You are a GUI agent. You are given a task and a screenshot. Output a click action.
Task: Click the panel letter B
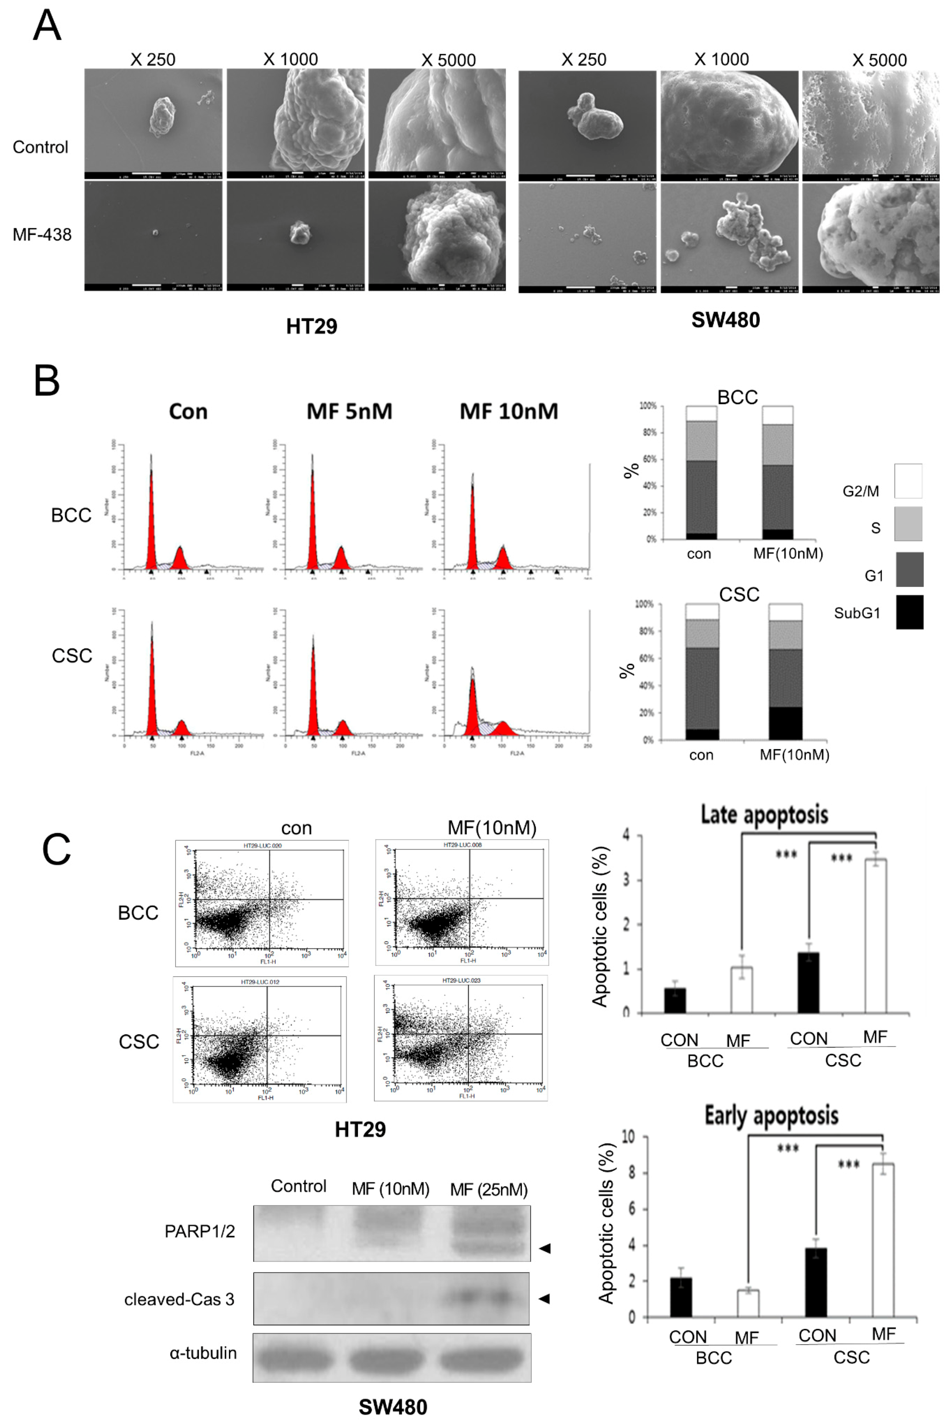point(47,381)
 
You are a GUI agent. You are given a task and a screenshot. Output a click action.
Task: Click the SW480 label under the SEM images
point(725,320)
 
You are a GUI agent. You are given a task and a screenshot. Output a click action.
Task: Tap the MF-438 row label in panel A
point(42,235)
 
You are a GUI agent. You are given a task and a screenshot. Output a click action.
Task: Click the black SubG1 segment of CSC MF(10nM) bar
point(785,723)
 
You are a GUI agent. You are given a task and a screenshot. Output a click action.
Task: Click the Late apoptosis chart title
point(764,814)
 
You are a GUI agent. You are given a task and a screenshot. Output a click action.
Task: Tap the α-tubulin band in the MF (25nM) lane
point(485,1358)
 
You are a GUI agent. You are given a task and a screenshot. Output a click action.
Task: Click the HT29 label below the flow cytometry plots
point(360,1129)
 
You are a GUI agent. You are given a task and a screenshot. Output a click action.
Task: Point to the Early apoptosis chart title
point(771,1116)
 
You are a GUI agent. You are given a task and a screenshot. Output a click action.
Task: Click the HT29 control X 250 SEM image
point(153,120)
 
